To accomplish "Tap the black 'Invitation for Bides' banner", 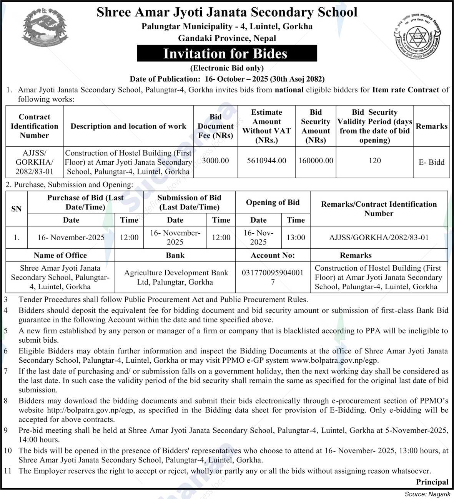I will pyautogui.click(x=227, y=53).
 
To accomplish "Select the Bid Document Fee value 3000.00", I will pyautogui.click(x=215, y=161).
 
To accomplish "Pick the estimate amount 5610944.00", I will pyautogui.click(x=267, y=161).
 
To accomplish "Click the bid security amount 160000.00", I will pyautogui.click(x=316, y=161).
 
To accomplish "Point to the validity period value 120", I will pyautogui.click(x=374, y=161).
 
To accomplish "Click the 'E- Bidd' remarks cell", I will pyautogui.click(x=431, y=162).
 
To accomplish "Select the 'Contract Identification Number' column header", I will pyautogui.click(x=34, y=126).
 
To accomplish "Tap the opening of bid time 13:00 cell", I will pyautogui.click(x=296, y=238).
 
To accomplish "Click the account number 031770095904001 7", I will pyautogui.click(x=273, y=277).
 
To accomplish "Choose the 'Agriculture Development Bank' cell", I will pyautogui.click(x=176, y=277).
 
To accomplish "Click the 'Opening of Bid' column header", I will pyautogui.click(x=273, y=203).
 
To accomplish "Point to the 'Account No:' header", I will pyautogui.click(x=273, y=255).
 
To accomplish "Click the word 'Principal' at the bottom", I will pyautogui.click(x=432, y=482).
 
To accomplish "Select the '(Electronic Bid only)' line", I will pyautogui.click(x=227, y=68).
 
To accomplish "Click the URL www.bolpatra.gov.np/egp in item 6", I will pyautogui.click(x=334, y=360).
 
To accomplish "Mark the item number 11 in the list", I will pyautogui.click(x=8, y=471).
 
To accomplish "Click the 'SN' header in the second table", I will pyautogui.click(x=17, y=209).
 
